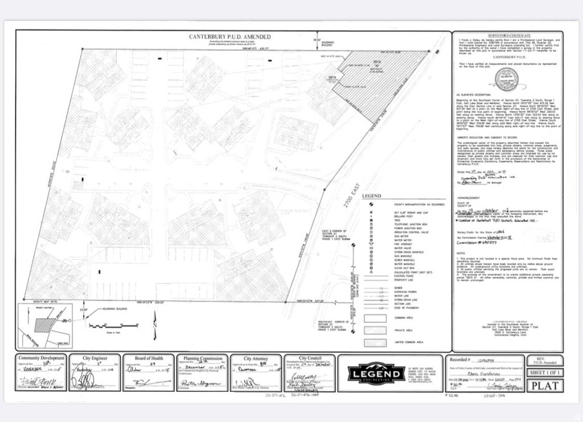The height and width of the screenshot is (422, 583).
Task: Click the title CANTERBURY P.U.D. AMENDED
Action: coord(230,37)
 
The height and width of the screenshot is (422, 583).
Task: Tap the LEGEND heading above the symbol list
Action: coord(371,196)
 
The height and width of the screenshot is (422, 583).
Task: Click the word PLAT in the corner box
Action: coord(545,384)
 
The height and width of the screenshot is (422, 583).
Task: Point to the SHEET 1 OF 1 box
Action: coord(545,372)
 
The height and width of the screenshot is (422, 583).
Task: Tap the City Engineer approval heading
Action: coord(95,358)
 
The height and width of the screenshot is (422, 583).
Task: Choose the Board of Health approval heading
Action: coord(149,358)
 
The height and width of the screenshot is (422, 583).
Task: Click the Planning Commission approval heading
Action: coord(203,358)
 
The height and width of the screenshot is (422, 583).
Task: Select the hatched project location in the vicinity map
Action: coord(44,325)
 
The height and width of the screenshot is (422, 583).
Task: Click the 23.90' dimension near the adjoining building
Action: coord(84,309)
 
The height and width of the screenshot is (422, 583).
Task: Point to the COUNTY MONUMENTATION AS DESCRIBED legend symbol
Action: coord(371,204)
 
